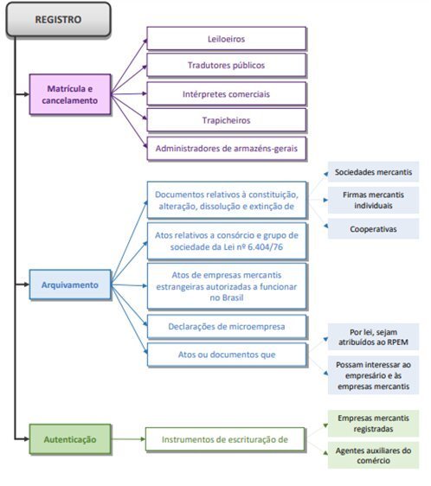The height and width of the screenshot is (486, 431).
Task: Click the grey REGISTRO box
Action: [58, 20]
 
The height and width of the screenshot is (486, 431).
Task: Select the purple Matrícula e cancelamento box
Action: [70, 94]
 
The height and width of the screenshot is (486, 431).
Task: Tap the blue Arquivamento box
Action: [70, 285]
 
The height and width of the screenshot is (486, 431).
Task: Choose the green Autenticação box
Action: [70, 439]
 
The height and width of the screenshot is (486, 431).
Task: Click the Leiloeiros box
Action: [227, 39]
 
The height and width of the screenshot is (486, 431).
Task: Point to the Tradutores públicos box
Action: [227, 65]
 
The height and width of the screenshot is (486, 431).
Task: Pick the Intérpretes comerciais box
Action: [227, 94]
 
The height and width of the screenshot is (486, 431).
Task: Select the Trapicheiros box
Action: [227, 120]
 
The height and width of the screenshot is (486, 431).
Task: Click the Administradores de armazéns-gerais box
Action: [227, 149]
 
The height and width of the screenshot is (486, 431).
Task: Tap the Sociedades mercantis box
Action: [373, 172]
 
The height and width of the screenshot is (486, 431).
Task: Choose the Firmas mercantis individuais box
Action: [373, 201]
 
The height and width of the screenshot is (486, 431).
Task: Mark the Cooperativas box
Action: [373, 229]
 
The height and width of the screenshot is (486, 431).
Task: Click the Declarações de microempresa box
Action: [227, 326]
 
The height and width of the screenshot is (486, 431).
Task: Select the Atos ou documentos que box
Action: [227, 355]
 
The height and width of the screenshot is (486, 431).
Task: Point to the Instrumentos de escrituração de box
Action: [225, 439]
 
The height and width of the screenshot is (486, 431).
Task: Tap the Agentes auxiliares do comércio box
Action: [373, 455]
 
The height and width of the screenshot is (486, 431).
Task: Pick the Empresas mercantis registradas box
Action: [373, 424]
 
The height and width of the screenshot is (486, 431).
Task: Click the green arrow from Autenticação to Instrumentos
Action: [128, 439]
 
